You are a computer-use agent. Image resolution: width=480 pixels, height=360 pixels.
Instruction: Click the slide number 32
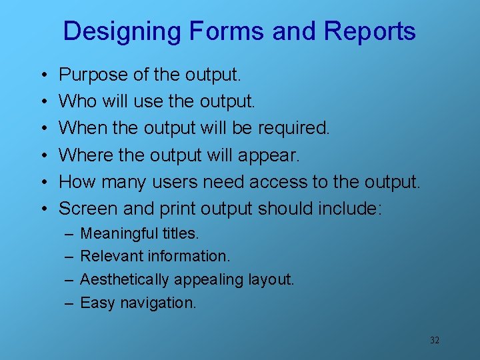(x=435, y=341)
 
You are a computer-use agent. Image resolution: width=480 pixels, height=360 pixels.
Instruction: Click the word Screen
(x=88, y=209)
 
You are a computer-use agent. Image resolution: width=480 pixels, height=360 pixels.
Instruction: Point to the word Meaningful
(x=119, y=233)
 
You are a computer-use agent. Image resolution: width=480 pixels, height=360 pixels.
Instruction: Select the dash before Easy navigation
(x=69, y=303)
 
